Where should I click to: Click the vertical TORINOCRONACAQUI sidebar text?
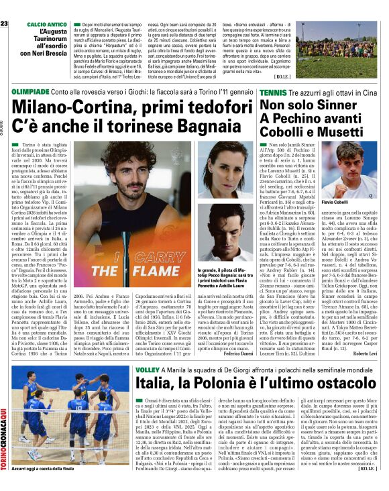[x=5, y=432]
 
